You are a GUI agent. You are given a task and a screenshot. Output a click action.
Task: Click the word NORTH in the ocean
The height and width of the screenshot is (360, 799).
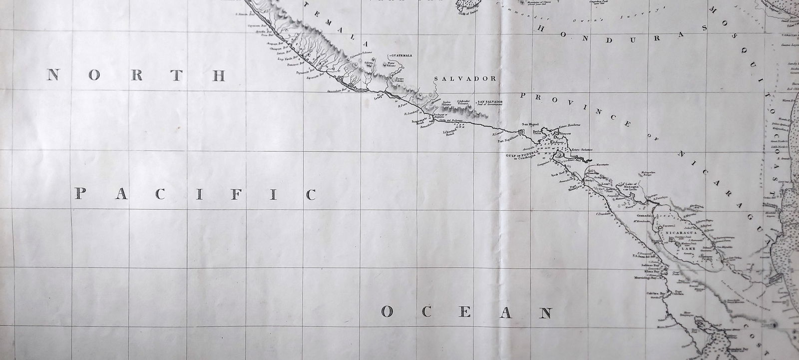(x=136, y=75)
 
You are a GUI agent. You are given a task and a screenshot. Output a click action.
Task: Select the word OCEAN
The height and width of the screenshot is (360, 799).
(x=467, y=313)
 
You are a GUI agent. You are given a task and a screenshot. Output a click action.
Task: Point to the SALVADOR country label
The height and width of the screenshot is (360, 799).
(x=464, y=79)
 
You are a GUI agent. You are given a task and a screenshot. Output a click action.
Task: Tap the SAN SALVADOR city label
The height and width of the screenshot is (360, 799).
(x=490, y=101)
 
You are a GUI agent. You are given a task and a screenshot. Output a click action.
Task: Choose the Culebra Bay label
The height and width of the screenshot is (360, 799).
(x=651, y=294)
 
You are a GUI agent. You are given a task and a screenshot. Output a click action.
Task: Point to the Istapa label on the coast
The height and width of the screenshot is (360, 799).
(x=381, y=98)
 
